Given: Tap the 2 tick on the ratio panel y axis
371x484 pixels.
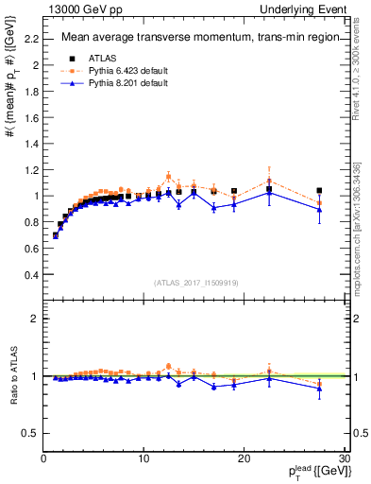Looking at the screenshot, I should tap(33, 319).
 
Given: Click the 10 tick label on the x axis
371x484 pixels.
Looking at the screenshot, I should tap(143, 459).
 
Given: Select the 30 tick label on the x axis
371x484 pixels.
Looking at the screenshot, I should tap(345, 459).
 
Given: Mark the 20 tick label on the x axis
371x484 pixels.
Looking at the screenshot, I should tap(244, 459).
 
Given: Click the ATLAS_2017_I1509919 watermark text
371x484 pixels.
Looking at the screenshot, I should tap(194, 282).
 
